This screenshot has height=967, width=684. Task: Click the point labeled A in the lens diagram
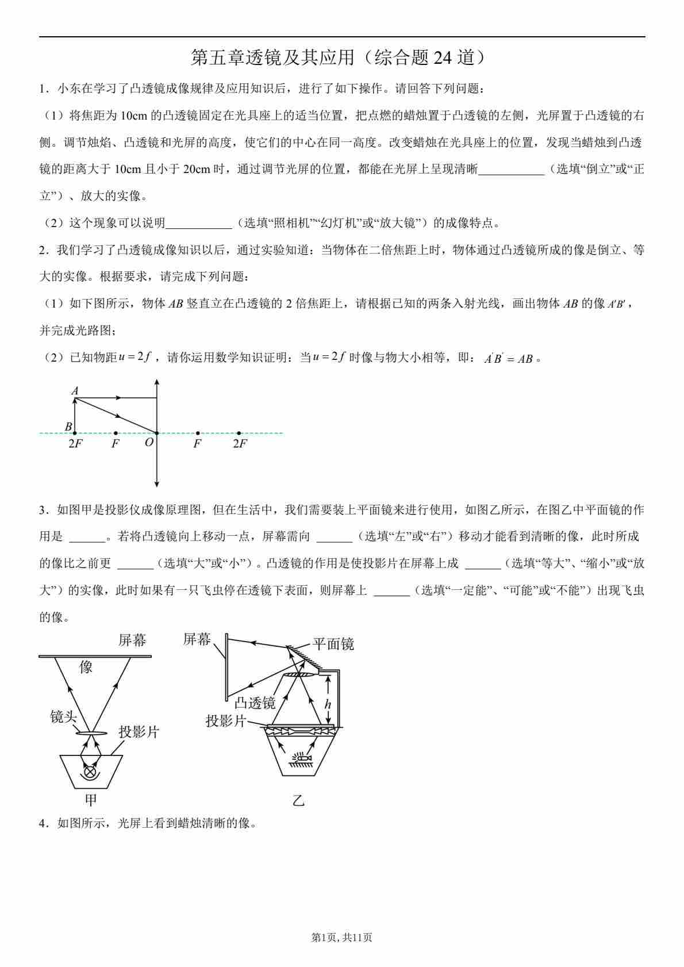(x=75, y=391)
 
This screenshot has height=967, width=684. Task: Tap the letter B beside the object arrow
(x=68, y=427)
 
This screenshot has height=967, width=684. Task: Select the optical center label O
(x=149, y=443)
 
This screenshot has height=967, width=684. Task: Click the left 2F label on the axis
(x=75, y=444)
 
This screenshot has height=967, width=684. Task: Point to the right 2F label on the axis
(x=240, y=444)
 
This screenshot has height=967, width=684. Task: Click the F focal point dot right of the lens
(x=198, y=433)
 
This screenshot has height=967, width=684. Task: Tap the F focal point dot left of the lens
(x=116, y=433)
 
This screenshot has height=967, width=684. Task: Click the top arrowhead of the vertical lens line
(x=157, y=382)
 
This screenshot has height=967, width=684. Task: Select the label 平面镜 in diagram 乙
(x=333, y=644)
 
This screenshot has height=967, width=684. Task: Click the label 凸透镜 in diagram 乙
(x=255, y=703)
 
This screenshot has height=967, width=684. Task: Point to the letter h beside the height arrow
(x=328, y=704)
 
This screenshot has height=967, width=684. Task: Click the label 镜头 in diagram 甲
(x=64, y=717)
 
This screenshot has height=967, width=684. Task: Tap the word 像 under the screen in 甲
(x=86, y=667)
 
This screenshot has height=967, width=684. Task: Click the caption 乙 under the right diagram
(x=298, y=801)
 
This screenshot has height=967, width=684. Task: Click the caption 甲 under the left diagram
(x=91, y=800)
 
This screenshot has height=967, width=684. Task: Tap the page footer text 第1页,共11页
(x=341, y=938)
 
